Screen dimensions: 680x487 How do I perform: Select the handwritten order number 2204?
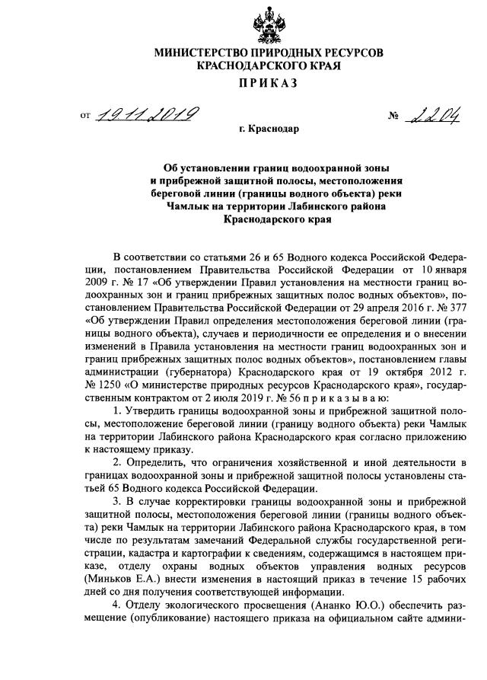point(439,116)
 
